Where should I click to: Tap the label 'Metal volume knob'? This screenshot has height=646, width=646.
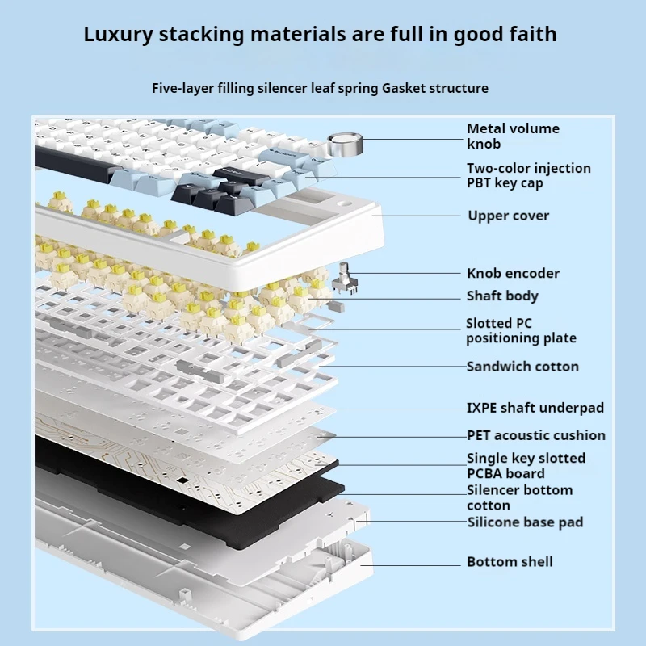pyautogui.click(x=512, y=136)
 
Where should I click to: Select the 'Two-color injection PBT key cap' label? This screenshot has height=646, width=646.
pyautogui.click(x=528, y=175)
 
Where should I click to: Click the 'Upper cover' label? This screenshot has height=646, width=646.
pyautogui.click(x=508, y=216)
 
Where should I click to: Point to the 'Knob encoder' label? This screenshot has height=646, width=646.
pyautogui.click(x=512, y=273)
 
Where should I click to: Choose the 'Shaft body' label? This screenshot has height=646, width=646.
pyautogui.click(x=501, y=296)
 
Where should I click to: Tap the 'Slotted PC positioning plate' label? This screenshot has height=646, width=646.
pyautogui.click(x=520, y=330)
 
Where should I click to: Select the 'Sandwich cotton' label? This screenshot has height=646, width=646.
pyautogui.click(x=522, y=367)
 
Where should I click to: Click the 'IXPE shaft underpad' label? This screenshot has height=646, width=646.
pyautogui.click(x=535, y=408)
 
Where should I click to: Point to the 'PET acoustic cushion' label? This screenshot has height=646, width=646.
pyautogui.click(x=535, y=435)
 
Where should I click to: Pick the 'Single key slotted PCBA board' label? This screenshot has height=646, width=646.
pyautogui.click(x=526, y=465)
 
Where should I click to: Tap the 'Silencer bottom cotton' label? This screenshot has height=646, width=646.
pyautogui.click(x=519, y=497)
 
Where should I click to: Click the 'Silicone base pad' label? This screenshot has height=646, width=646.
pyautogui.click(x=525, y=522)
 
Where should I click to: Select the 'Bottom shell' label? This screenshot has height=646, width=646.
pyautogui.click(x=509, y=561)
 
